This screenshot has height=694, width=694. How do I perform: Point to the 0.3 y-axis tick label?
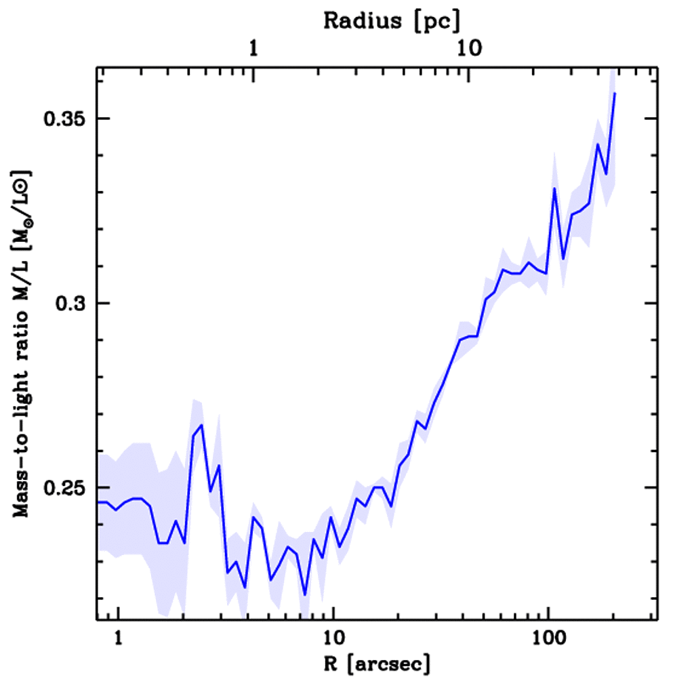68,304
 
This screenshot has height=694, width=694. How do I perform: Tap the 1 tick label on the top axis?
253,49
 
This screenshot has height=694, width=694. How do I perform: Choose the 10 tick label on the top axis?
468,49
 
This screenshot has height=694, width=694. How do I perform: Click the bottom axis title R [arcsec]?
377,665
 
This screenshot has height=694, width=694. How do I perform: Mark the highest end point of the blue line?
614,94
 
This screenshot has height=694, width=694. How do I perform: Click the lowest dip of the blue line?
305,594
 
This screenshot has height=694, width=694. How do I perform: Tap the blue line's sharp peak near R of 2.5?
201,425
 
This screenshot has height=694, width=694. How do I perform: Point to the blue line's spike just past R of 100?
554,188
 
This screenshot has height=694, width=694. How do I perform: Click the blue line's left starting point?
98,502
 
